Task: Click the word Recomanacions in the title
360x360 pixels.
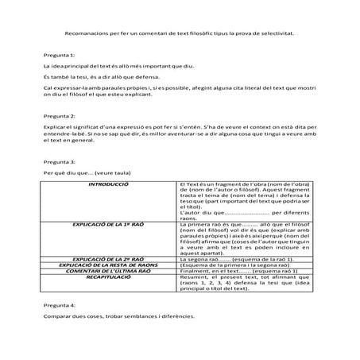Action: [85, 33]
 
